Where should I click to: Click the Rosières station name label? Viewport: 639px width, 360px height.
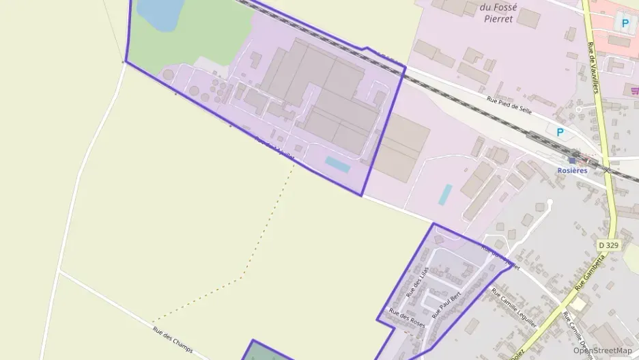pyautogui.click(x=572, y=171)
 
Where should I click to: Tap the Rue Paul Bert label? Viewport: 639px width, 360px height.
pyautogui.click(x=446, y=305)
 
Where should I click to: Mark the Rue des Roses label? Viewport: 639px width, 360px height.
pyautogui.click(x=406, y=318)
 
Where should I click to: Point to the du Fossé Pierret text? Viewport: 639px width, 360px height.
pyautogui.click(x=487, y=13)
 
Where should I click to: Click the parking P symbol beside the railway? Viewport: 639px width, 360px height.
pyautogui.click(x=560, y=133)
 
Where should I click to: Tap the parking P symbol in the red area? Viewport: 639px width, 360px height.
pyautogui.click(x=624, y=23)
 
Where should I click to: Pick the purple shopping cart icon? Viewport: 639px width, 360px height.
pyautogui.click(x=634, y=90)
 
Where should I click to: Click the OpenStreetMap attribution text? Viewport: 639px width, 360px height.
pyautogui.click(x=602, y=350)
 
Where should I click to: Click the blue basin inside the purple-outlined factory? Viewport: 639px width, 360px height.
pyautogui.click(x=337, y=165)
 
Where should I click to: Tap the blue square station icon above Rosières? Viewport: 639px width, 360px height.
pyautogui.click(x=572, y=161)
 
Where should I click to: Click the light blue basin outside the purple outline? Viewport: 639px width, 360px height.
pyautogui.click(x=445, y=195)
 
